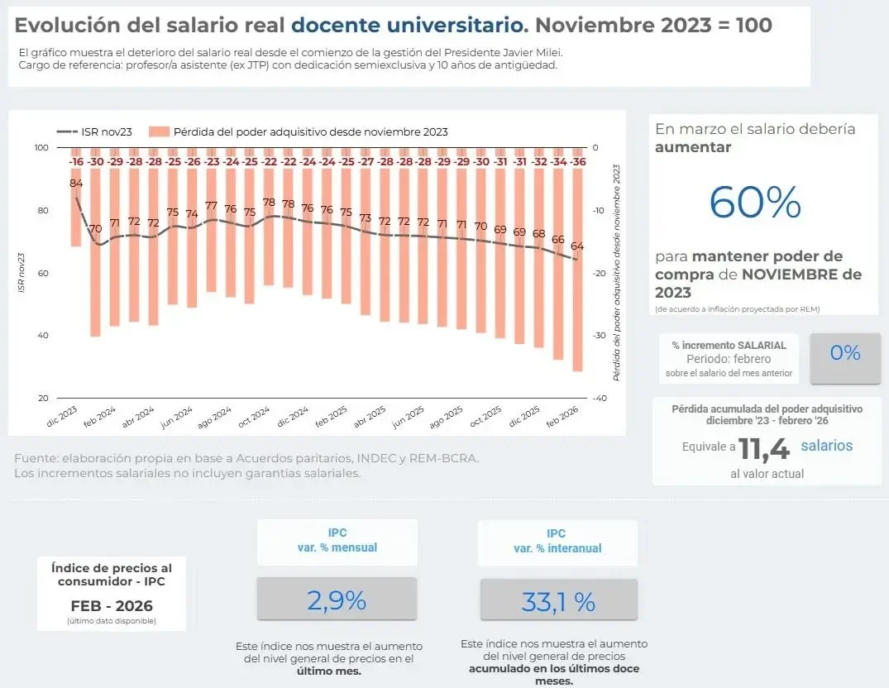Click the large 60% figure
pos(755,203)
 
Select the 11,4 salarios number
pos(764,448)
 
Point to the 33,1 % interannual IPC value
pos(558,602)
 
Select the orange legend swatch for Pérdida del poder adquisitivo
pos(160,131)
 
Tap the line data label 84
pos(76,183)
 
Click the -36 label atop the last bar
pos(578,162)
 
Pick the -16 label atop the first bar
pos(76,162)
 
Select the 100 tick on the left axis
pos(41,148)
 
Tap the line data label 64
pos(577,246)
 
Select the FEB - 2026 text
pos(111,604)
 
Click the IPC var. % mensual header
pos(337,541)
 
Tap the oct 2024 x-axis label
pos(255,417)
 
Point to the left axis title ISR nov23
pos(21,273)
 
